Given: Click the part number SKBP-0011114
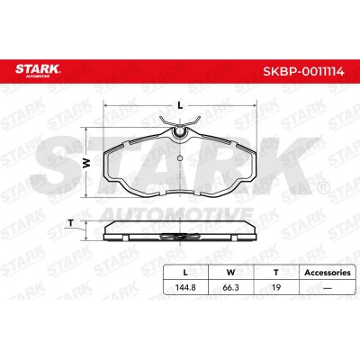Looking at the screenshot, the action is point(303,72).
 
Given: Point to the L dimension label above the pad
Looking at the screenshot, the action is point(180,105).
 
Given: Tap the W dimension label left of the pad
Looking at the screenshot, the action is point(86,163).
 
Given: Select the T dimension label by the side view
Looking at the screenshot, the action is point(71,223).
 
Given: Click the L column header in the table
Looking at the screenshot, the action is point(185,273).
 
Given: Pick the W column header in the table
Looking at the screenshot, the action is point(230,273).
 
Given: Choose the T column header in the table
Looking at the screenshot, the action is point(276,273).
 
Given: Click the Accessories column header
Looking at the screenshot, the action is point(328,273).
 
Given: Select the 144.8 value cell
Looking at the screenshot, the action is point(185,287).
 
